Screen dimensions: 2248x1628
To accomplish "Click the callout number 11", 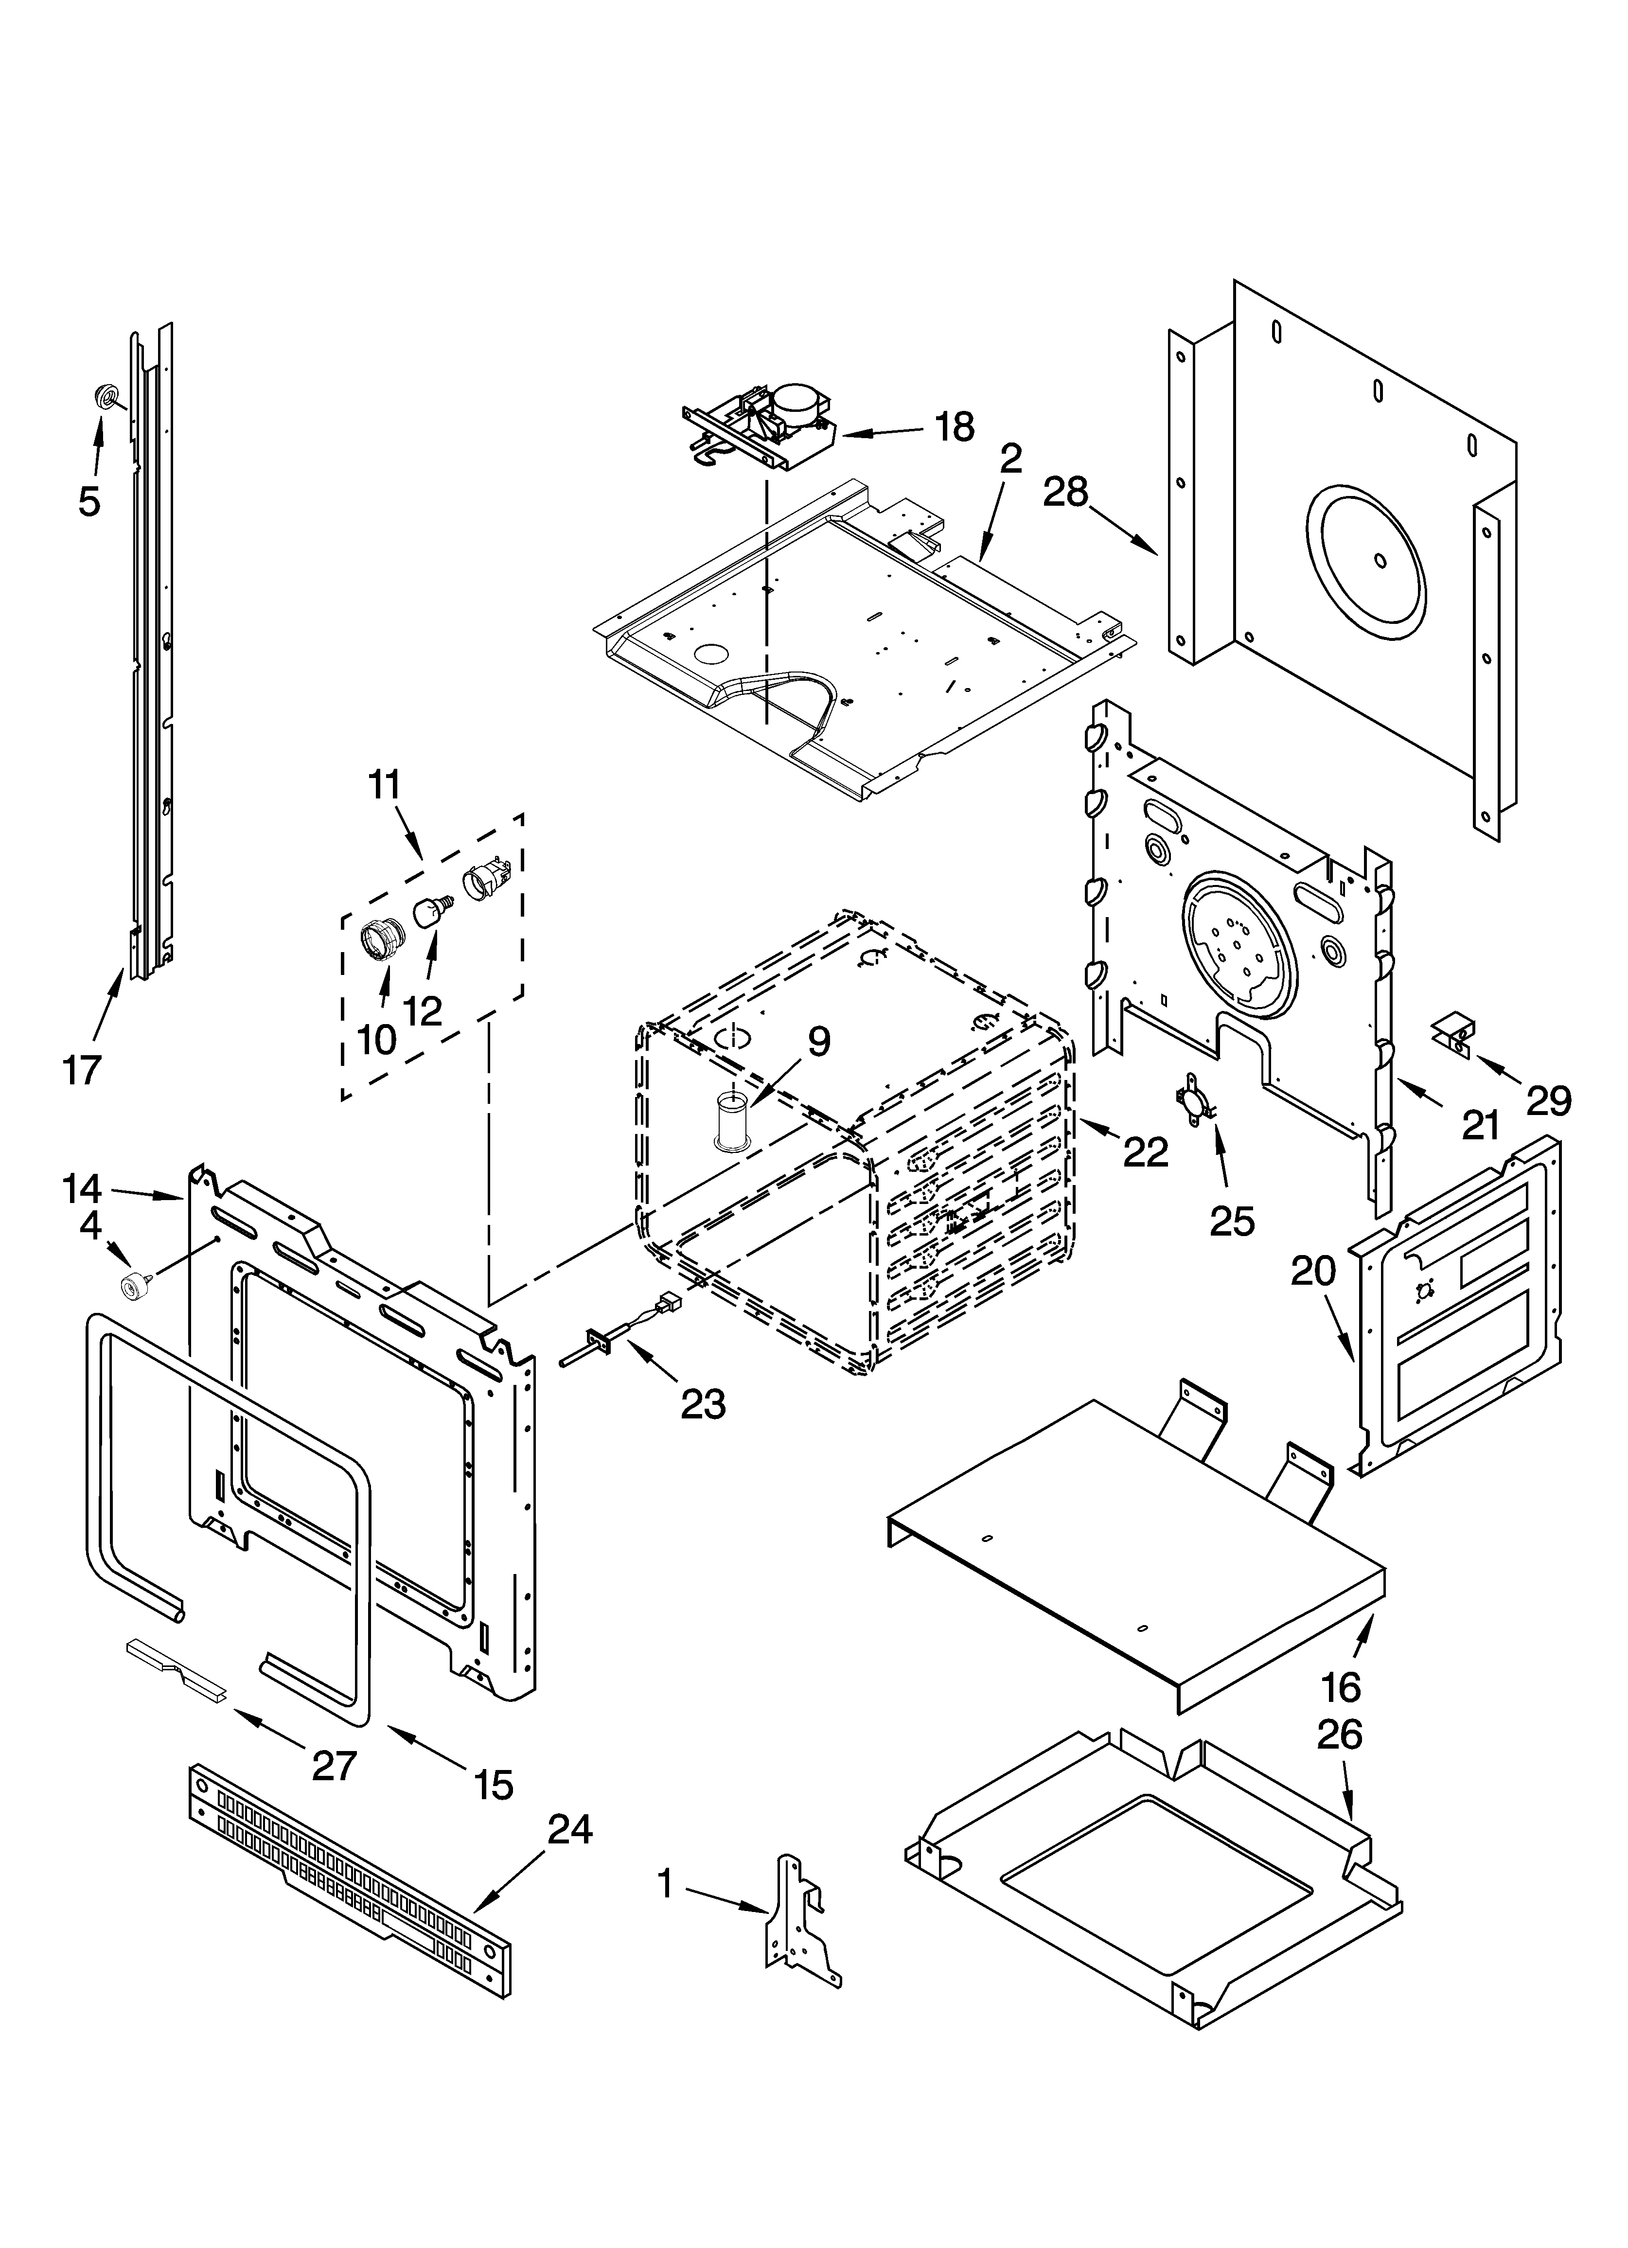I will point(384,785).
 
